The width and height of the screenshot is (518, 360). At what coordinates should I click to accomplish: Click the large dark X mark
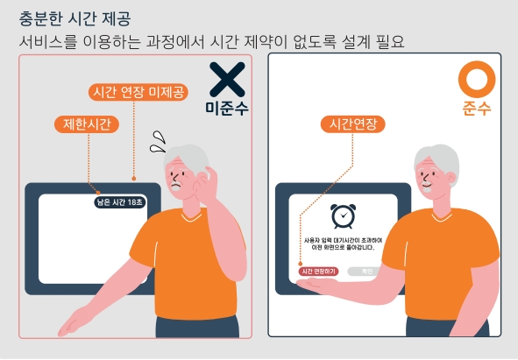pos(227,80)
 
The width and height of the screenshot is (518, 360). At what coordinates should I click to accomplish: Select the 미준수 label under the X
pos(227,109)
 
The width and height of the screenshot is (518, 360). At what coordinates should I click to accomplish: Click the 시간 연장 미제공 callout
pos(138,92)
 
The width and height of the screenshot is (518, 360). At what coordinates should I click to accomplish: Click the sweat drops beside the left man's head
pos(158,139)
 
